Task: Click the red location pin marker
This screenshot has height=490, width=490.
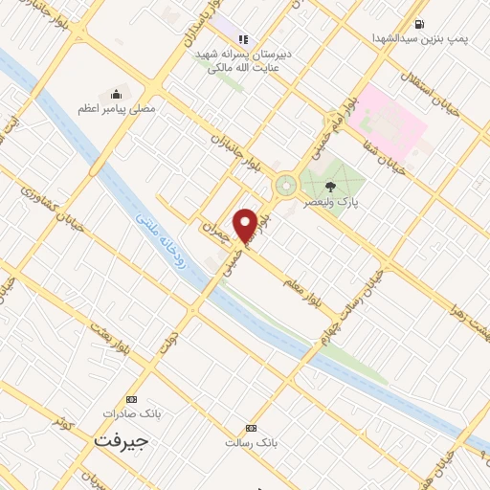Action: coord(246,223)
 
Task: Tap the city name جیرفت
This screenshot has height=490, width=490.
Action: coord(122,440)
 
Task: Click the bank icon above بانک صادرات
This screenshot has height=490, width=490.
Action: coord(131,399)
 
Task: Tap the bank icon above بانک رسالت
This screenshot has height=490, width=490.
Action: coord(251,428)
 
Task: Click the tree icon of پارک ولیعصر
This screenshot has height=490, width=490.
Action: coord(331,187)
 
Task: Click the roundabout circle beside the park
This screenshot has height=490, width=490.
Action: coord(285,185)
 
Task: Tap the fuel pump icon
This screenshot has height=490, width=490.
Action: coord(419,24)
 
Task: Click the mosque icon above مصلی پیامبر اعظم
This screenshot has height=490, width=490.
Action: coord(117,94)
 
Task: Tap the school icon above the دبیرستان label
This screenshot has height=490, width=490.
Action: coord(243,39)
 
